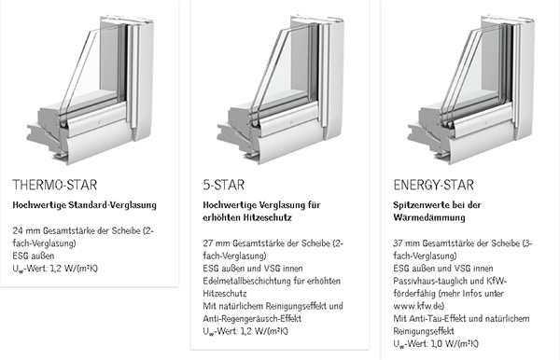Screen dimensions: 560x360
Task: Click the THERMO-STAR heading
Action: [x=55, y=185]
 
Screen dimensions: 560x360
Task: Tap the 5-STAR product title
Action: [x=224, y=185]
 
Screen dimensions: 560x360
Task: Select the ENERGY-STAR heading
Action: [x=434, y=185]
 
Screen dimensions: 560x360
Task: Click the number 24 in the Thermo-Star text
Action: [x=18, y=231]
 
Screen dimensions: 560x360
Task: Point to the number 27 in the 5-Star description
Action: [x=208, y=243]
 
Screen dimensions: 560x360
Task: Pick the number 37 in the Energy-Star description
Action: [x=399, y=243]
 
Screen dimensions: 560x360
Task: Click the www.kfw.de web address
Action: [x=418, y=306]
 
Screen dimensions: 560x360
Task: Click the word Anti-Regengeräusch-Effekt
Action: [x=252, y=319]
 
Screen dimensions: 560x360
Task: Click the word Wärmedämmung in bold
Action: [x=429, y=217]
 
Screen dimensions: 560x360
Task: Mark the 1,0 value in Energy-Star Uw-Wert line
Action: [x=437, y=343]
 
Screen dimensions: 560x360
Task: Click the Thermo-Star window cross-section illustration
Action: [x=90, y=90]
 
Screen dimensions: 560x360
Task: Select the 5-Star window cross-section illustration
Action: [x=281, y=90]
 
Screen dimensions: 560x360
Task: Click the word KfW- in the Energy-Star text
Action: [x=497, y=281]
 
